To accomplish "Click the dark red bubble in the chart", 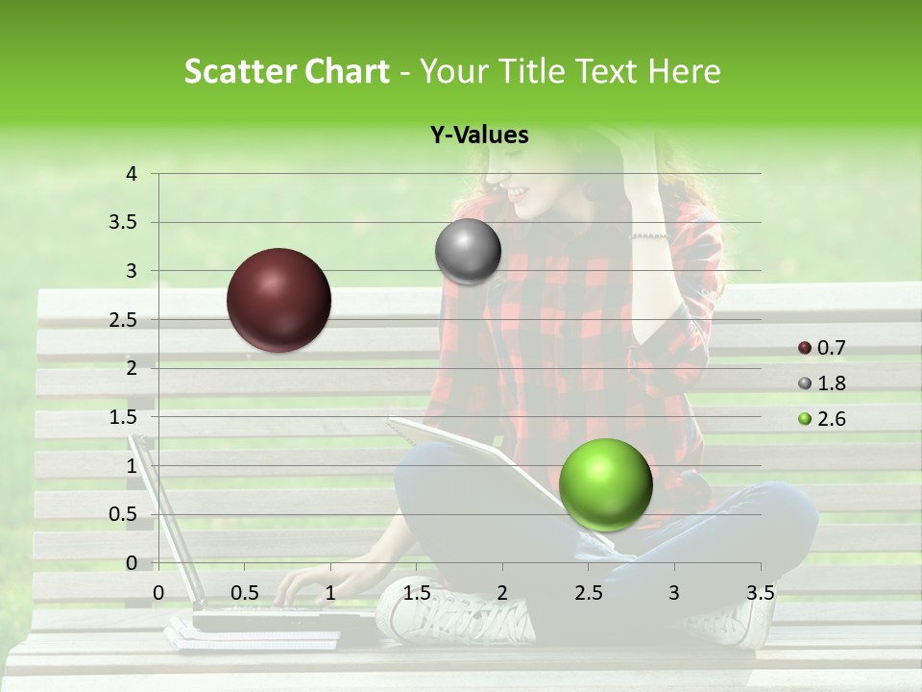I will click(x=279, y=300).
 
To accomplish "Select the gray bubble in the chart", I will click(x=468, y=252).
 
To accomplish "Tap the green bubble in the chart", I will click(x=605, y=484).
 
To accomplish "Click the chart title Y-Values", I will click(x=478, y=136).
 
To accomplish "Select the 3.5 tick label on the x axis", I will click(x=760, y=592).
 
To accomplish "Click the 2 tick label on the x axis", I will click(x=502, y=592).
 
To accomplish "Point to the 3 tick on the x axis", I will click(x=674, y=592).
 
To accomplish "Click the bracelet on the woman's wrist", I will click(x=648, y=235).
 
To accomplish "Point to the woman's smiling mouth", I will click(x=519, y=193).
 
